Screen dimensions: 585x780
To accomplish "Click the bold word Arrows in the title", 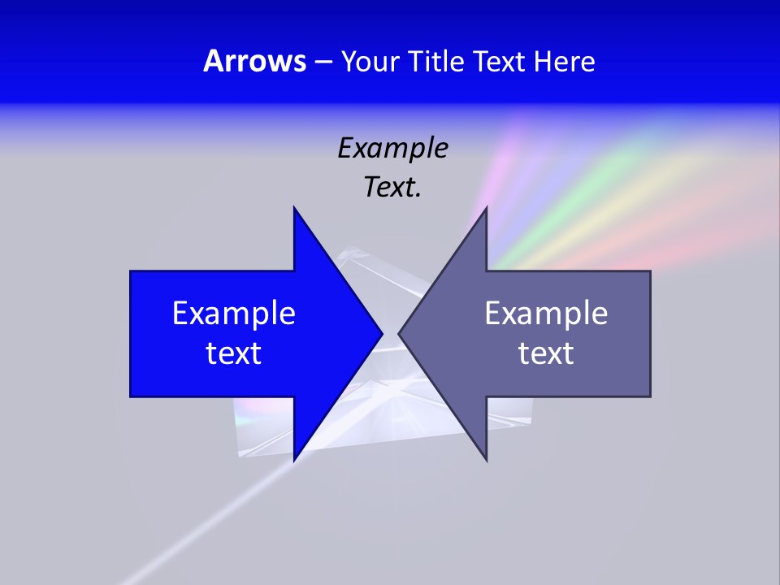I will point(254,61).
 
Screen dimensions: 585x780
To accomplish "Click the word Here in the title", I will point(564,61).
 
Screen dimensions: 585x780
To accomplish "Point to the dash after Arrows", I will point(323,62).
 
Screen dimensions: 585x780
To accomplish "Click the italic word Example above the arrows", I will point(392,148).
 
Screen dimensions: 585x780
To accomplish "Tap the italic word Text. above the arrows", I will point(392,187).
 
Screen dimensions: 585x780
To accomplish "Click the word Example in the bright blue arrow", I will point(234,313).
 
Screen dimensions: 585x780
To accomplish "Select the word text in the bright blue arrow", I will point(234,353).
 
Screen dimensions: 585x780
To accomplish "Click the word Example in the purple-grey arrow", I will point(546,313).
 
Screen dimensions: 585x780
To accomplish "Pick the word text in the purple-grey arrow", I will point(546,353).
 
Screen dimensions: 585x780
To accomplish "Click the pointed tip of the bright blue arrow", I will point(380,333).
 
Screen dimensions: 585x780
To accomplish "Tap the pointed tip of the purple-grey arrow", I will point(400,333).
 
